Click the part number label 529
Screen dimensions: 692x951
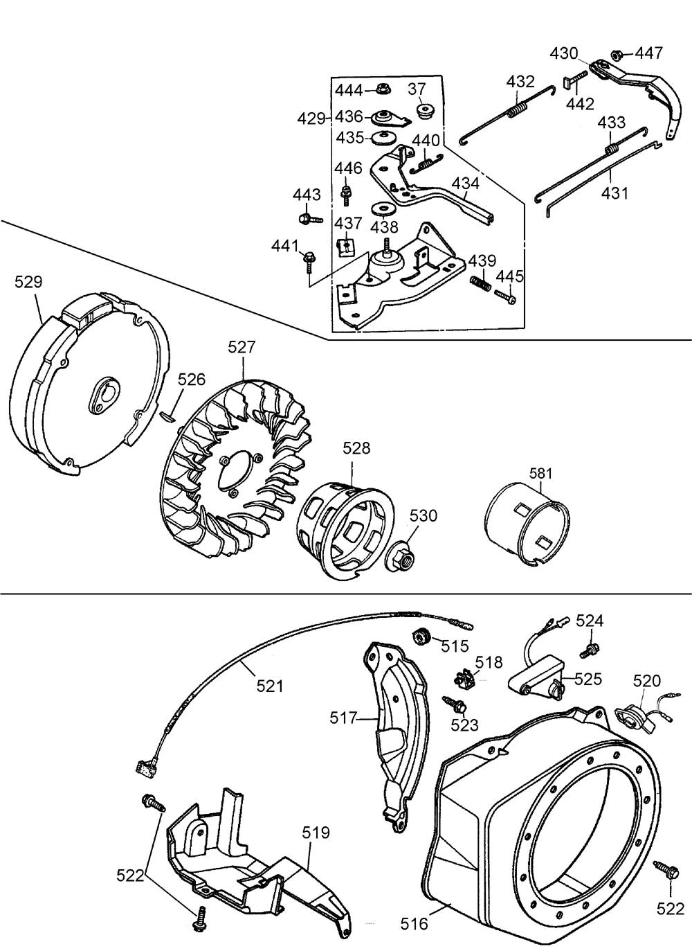click(x=28, y=282)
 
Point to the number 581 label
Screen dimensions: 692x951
click(x=541, y=473)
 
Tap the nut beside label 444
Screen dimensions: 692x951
click(x=384, y=89)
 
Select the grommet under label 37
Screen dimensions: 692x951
click(x=425, y=112)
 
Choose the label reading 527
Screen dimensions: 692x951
click(x=242, y=347)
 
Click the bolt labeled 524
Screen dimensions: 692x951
click(x=590, y=650)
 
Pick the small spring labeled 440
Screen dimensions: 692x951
click(x=426, y=163)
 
